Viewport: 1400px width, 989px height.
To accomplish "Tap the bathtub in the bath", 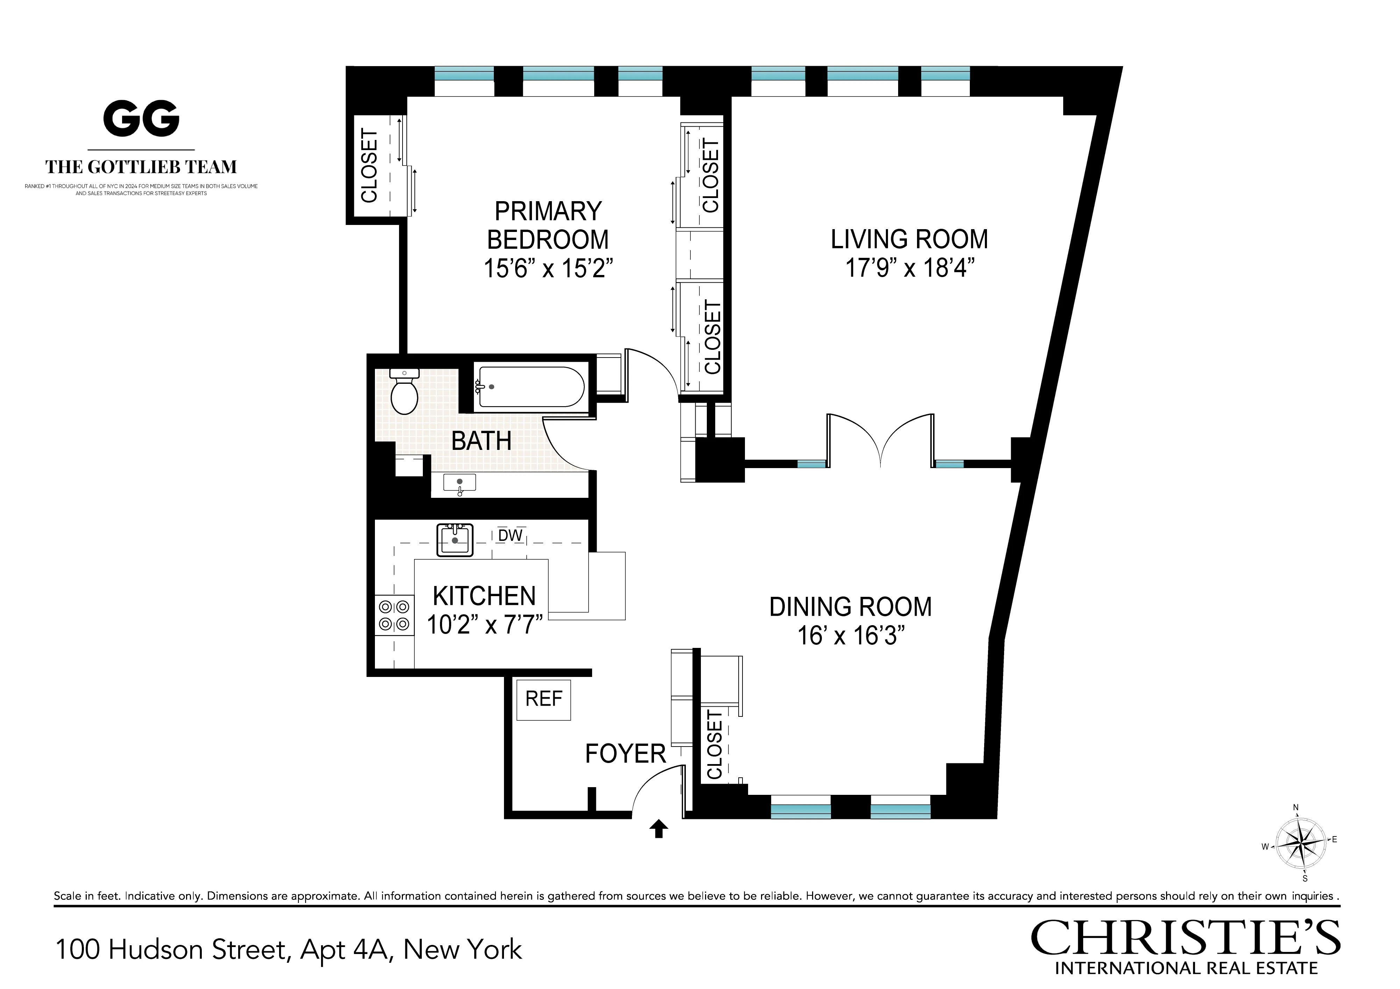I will [531, 386].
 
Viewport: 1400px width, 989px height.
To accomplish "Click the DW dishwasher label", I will [510, 535].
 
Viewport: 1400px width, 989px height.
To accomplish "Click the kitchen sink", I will [455, 539].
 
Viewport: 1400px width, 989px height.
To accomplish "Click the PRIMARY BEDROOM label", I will [548, 226].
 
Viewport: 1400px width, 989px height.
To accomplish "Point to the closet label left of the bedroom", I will [370, 165].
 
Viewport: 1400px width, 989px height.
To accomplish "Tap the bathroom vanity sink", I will [459, 482].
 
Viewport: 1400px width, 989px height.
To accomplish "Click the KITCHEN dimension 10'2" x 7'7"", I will [484, 625].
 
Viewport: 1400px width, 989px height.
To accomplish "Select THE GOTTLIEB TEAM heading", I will [141, 167].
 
